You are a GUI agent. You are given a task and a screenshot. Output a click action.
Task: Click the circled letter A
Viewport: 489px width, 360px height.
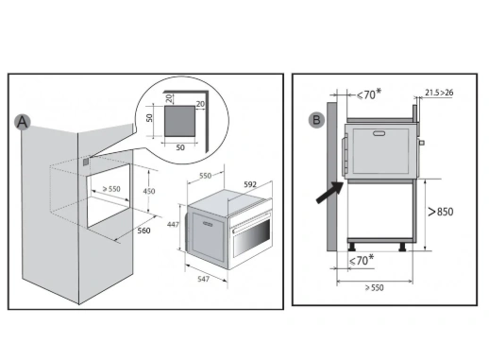[23, 122]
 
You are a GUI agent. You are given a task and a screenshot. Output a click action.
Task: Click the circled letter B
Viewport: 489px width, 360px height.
[316, 120]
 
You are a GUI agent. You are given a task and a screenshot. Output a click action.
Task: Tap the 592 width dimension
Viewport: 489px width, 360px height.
[250, 184]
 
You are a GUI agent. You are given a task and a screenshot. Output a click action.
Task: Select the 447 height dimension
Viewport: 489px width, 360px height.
[173, 224]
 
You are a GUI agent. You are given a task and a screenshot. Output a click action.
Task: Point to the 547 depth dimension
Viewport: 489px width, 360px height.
[204, 279]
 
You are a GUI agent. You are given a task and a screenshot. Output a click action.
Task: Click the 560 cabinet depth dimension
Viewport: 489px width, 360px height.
[143, 231]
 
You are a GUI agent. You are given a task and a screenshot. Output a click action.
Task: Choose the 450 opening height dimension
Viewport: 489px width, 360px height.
[149, 191]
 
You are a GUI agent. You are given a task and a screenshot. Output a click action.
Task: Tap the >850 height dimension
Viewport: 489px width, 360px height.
[441, 212]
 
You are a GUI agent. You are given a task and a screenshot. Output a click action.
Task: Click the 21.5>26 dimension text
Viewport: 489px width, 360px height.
[439, 93]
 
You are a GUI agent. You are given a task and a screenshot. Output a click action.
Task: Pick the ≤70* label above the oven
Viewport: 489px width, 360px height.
[369, 94]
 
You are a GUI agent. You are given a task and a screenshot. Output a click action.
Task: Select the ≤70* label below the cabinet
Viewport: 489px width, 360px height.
[362, 260]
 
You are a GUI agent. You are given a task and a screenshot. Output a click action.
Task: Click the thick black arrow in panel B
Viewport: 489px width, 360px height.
[329, 193]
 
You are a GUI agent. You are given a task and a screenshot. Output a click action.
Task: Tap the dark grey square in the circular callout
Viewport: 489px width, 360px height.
[179, 121]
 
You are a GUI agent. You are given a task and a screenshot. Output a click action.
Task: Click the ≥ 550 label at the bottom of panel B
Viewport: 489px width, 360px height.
[375, 287]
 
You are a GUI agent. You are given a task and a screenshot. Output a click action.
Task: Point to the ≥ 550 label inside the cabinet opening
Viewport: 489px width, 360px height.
[111, 189]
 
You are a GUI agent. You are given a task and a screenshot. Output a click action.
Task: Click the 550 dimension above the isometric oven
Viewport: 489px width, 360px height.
[206, 176]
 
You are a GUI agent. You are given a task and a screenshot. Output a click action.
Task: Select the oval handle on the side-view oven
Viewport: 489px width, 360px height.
[379, 133]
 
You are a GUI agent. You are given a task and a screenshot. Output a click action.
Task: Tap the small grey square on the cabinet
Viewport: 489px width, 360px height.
[86, 162]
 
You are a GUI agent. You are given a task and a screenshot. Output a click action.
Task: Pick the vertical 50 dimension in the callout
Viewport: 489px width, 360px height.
[149, 118]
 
